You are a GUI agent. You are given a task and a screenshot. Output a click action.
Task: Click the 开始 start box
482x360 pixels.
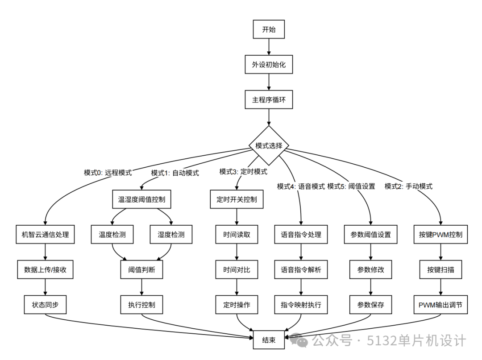tap(269, 29)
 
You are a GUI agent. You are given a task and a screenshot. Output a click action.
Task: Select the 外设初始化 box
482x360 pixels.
tap(269, 65)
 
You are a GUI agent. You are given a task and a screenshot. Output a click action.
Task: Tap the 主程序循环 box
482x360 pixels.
tap(269, 99)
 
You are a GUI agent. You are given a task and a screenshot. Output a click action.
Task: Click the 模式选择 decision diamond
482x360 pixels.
tap(269, 145)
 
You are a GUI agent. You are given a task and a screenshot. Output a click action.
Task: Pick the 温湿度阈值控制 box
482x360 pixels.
tap(142, 199)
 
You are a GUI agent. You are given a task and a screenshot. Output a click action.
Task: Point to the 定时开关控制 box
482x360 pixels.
tap(237, 199)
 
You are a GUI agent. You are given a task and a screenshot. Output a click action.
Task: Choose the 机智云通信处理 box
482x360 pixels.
tap(45, 234)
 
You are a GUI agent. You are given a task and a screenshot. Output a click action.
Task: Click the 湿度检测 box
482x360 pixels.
tap(171, 234)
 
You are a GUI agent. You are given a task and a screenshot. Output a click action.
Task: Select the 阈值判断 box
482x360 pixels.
tap(142, 269)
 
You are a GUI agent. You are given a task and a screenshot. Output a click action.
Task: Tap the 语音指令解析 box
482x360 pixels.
tap(301, 269)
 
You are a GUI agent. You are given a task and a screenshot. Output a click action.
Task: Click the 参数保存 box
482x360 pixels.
tap(371, 305)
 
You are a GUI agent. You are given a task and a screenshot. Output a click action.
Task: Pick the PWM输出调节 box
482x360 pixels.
tap(440, 305)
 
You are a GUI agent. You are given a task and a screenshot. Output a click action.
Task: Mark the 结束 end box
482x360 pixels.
tap(269, 340)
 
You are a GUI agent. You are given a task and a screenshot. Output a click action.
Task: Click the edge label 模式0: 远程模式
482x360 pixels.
tap(108, 173)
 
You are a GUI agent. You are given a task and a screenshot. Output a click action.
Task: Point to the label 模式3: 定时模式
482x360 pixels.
tap(243, 172)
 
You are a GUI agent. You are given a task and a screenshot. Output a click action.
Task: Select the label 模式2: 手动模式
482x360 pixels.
tap(408, 186)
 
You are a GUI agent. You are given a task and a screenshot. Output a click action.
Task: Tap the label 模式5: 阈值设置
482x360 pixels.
tap(351, 186)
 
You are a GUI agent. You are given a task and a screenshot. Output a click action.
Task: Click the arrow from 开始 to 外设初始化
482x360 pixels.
tap(269, 47)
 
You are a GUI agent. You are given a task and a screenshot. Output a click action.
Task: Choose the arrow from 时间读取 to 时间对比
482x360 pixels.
tap(237, 252)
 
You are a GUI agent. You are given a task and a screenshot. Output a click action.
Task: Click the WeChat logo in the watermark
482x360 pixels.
tap(299, 340)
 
